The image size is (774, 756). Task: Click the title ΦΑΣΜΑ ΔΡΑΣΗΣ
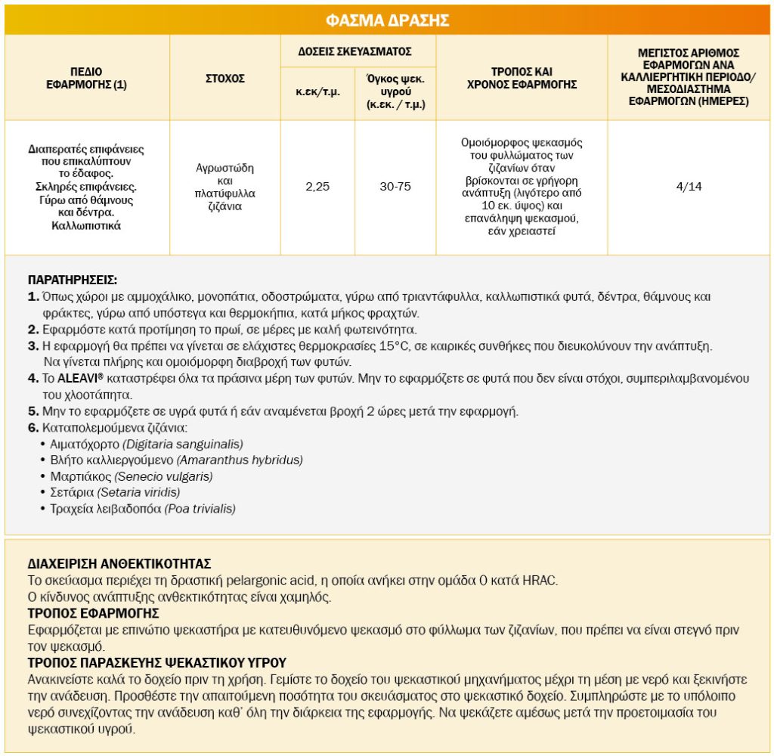[x=387, y=20]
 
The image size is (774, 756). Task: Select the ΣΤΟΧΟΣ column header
[x=225, y=78]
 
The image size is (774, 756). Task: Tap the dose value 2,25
[x=317, y=187]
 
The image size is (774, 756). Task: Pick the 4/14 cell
[x=689, y=187]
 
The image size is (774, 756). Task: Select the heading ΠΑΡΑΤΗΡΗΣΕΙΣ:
[x=72, y=279]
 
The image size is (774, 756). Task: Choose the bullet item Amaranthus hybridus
[x=240, y=460]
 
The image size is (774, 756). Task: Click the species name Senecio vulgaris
[x=164, y=476]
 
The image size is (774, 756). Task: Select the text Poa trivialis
[x=200, y=509]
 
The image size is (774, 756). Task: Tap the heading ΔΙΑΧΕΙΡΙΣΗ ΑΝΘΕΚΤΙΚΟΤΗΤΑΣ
[x=119, y=564]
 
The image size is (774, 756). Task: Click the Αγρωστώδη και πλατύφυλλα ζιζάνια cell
[x=225, y=187]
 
